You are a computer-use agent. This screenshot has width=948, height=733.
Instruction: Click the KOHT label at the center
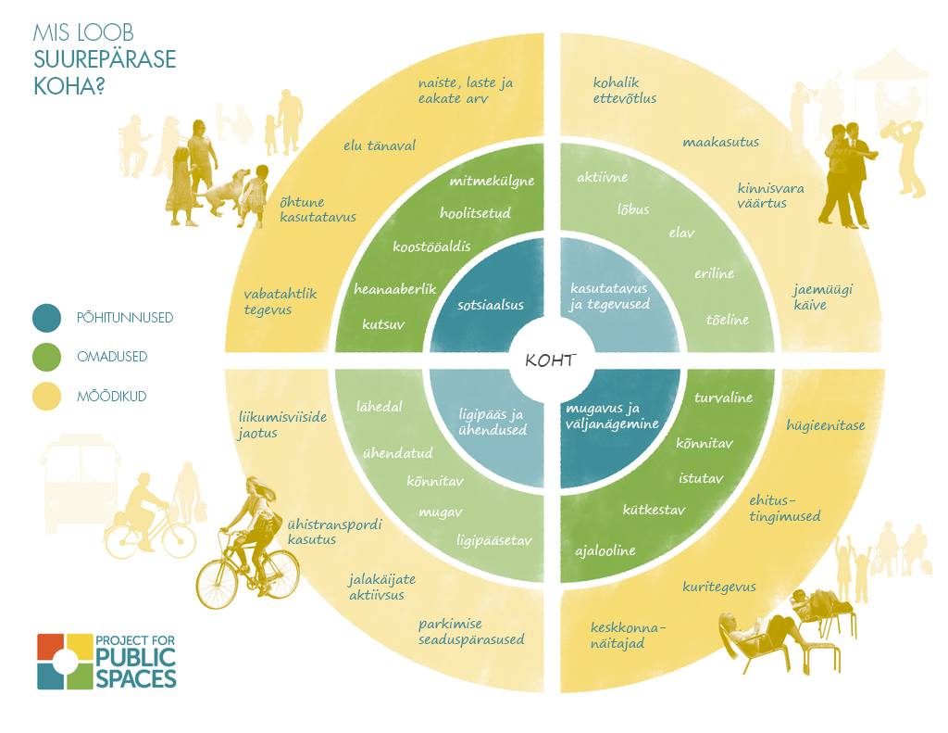[x=550, y=360]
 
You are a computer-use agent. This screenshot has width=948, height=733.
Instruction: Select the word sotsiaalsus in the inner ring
[x=491, y=305]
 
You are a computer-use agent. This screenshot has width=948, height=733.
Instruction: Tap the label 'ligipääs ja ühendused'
[x=492, y=422]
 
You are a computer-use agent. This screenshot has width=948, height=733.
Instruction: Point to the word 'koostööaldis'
[x=431, y=246]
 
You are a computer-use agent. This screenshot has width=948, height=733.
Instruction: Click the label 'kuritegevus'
[x=718, y=587]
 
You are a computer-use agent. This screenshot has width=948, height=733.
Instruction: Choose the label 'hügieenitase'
[x=825, y=425]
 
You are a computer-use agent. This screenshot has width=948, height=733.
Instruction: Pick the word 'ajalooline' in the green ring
[x=605, y=550]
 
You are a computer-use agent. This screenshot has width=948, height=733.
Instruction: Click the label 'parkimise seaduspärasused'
[x=471, y=632]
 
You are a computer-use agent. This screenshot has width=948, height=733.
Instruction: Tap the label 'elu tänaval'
[x=380, y=145]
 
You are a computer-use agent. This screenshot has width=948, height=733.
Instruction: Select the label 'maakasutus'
[x=720, y=142]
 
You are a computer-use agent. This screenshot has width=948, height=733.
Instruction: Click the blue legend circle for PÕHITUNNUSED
[x=46, y=318]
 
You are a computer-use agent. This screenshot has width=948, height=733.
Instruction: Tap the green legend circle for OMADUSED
[x=46, y=357]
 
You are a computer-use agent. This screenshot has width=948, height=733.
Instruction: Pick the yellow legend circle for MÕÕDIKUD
[x=46, y=397]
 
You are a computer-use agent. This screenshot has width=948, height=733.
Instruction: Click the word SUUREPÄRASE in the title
[x=105, y=59]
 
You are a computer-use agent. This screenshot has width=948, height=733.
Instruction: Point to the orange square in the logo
[x=50, y=647]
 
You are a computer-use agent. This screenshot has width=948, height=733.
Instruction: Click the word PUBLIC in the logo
[x=135, y=657]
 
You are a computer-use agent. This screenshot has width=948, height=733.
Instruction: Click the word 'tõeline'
[x=728, y=320]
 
